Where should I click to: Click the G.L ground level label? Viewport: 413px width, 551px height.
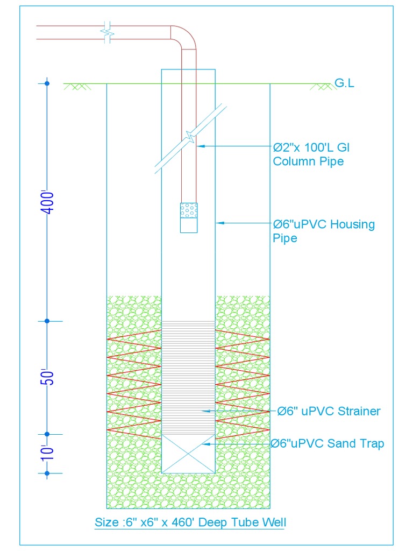click(x=344, y=83)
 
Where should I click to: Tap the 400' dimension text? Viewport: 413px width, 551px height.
click(x=48, y=202)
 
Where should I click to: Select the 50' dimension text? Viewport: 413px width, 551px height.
click(x=48, y=377)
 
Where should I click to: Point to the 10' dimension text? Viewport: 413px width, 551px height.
click(x=48, y=453)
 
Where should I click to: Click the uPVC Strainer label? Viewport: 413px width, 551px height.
click(x=329, y=411)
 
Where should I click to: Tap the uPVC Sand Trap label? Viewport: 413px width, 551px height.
click(x=327, y=444)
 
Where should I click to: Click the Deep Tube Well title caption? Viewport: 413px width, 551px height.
click(x=190, y=522)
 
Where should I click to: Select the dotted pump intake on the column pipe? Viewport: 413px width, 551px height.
click(x=188, y=210)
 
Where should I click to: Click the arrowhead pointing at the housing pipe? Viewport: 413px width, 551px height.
click(x=219, y=223)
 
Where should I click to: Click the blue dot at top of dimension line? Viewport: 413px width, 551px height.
click(x=47, y=83)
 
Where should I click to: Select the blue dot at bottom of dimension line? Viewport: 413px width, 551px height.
click(x=47, y=474)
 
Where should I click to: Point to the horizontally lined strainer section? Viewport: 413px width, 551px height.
click(x=188, y=377)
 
